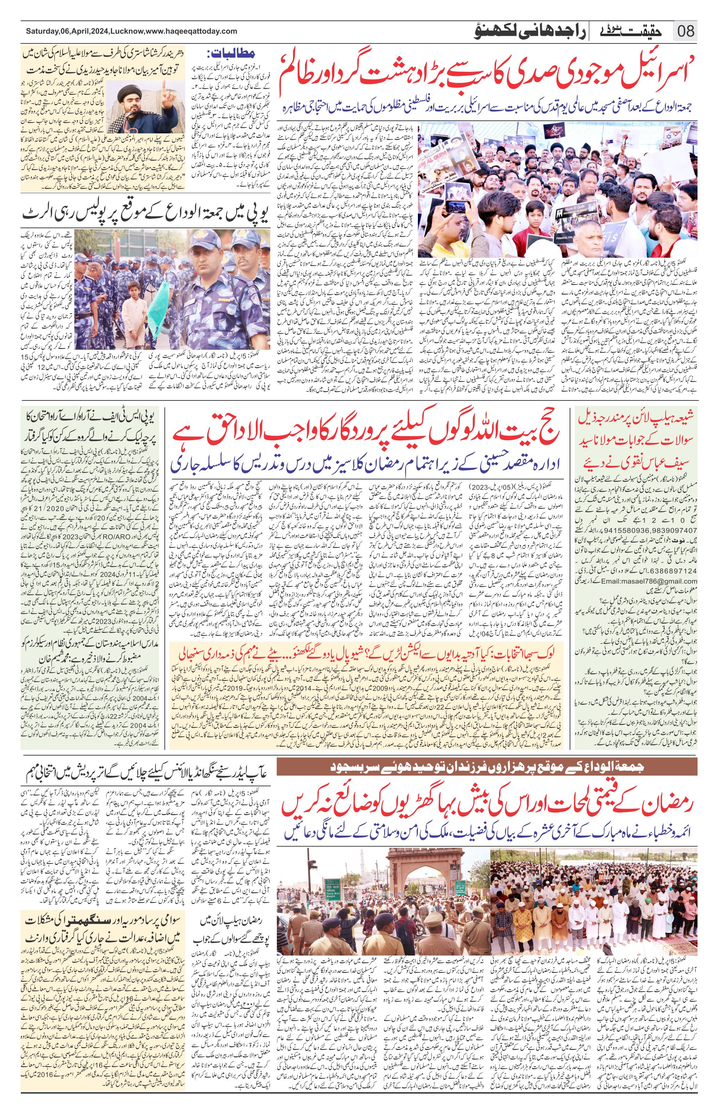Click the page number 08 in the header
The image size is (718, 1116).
(685, 32)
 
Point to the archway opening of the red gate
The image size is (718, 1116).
(413, 886)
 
